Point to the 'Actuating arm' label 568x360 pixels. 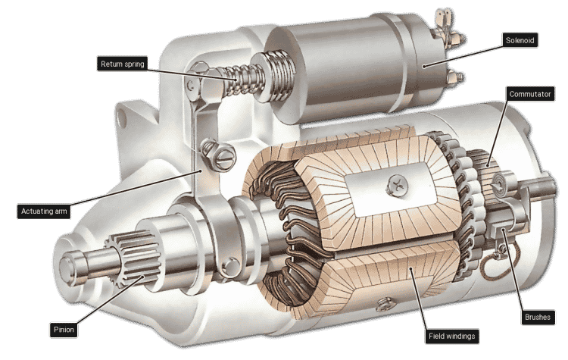(43, 211)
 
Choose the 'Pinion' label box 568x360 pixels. (66, 330)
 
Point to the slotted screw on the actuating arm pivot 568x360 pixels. (225, 157)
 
